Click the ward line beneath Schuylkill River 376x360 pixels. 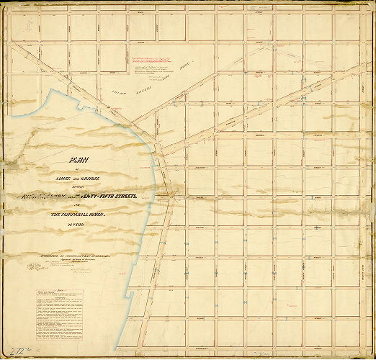coord(94,225)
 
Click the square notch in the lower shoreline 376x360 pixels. coord(127,294)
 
